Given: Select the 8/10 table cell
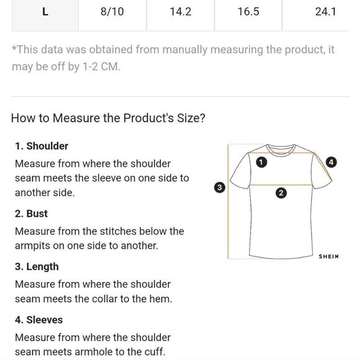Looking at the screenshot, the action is tap(112, 11).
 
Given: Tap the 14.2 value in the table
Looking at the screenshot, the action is tap(181, 11).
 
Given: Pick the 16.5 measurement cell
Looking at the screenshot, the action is tap(248, 11).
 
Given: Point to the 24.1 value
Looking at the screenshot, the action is tap(326, 11).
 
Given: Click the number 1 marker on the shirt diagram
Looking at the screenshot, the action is tap(261, 163).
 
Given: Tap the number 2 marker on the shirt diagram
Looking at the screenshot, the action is tap(281, 193).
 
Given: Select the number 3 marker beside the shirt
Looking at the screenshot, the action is tap(220, 187).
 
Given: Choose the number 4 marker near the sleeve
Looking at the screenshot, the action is tap(331, 163).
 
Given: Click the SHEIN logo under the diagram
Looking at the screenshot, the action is tap(328, 256).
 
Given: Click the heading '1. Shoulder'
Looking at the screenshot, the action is tap(42, 146).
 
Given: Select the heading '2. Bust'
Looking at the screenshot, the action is tap(31, 214).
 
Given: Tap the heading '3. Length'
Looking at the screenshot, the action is tap(37, 267).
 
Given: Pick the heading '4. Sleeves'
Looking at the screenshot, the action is tap(39, 320).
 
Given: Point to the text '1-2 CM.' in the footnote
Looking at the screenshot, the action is tap(101, 67).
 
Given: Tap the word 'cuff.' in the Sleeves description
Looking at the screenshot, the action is tap(155, 352).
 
